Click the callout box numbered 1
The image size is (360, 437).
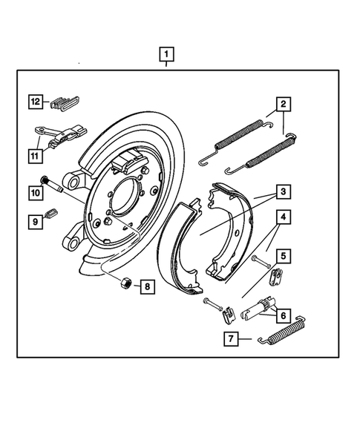point(167,54)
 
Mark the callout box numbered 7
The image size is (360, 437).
point(232,340)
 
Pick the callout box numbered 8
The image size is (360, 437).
point(147,286)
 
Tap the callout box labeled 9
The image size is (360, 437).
point(35,220)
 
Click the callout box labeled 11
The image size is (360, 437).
point(35,155)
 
